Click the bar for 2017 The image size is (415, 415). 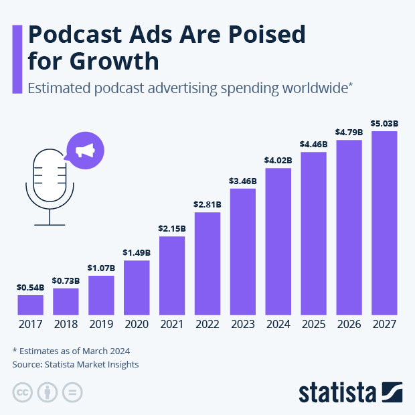[x=30, y=305]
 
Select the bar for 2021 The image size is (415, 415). [x=172, y=275]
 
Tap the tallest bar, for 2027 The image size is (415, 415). [x=384, y=223]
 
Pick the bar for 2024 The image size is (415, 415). [x=278, y=241]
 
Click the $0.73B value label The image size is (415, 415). [x=66, y=280]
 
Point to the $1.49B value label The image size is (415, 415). [x=137, y=252]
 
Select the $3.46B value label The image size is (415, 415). [x=242, y=181]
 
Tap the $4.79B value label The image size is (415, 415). [x=349, y=133]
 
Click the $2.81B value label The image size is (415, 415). [x=207, y=204]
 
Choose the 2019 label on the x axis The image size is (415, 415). [x=101, y=325]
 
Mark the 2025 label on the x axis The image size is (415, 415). [x=313, y=325]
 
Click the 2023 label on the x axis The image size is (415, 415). [x=242, y=325]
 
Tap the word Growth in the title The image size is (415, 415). [x=113, y=62]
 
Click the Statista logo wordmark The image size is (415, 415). [x=339, y=392]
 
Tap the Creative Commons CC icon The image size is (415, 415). [x=23, y=392]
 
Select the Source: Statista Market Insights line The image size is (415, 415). [x=75, y=365]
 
